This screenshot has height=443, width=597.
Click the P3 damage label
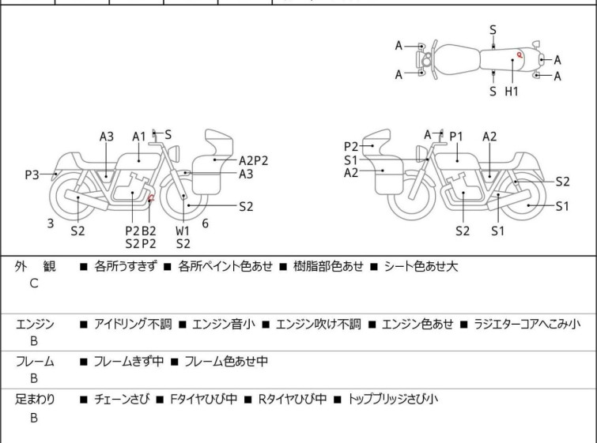(32, 175)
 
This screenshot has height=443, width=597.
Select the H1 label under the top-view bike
(512, 91)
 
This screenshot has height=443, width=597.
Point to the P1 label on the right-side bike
(456, 137)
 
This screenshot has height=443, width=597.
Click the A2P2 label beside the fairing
(254, 160)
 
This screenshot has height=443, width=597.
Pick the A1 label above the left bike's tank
(139, 136)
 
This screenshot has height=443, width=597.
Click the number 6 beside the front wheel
(205, 223)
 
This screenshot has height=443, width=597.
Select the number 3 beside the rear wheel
(50, 223)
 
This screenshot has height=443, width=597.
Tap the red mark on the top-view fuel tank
(519, 54)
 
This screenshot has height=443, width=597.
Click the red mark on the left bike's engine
(150, 197)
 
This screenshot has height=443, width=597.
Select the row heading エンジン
(35, 324)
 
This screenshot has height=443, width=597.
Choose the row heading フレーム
(35, 362)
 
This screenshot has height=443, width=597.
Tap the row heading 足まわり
(35, 400)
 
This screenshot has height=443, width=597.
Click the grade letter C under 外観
(34, 284)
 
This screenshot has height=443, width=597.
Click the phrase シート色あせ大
(421, 267)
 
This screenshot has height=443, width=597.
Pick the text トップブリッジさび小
(392, 400)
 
